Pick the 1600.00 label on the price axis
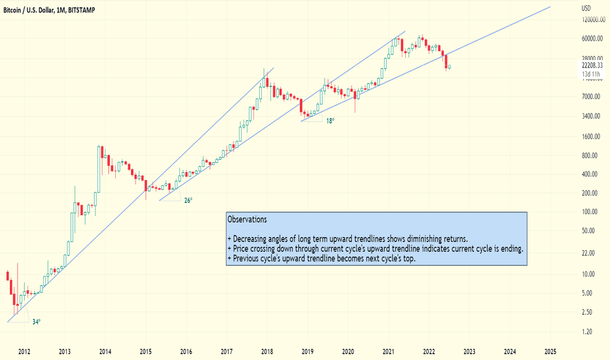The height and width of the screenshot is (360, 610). click(592, 137)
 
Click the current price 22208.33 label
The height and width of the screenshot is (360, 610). click(592, 66)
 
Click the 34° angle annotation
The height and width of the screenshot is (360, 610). click(37, 321)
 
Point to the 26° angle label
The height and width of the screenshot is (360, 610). click(188, 201)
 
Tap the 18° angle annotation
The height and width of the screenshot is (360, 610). click(330, 121)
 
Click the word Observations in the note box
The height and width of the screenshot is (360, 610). click(247, 219)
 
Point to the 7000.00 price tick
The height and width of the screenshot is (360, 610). click(592, 97)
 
